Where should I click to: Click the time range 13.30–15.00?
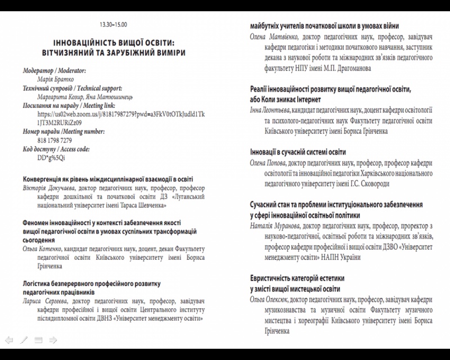point(114,25)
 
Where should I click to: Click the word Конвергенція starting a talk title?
point(46,179)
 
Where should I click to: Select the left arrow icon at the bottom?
point(9,340)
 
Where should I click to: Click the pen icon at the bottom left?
point(24,340)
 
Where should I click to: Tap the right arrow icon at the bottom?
point(53,340)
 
